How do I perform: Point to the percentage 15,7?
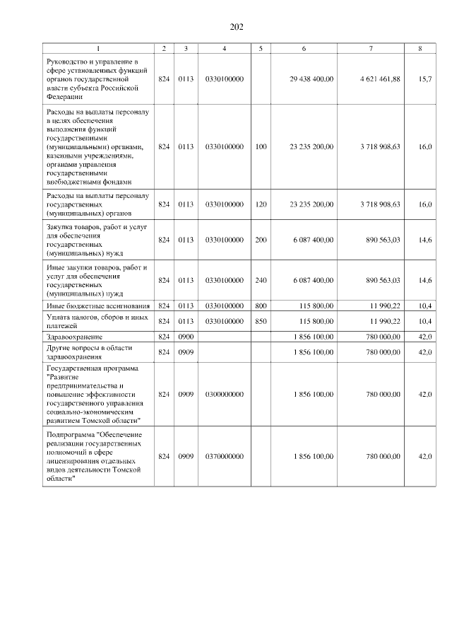424,78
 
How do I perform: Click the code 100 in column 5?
261,146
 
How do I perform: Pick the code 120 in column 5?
261,204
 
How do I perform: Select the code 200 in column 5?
261,240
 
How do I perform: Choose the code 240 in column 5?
261,281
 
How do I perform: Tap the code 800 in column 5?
261,306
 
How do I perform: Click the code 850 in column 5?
261,321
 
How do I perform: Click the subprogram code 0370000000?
224,457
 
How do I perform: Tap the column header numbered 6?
304,48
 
